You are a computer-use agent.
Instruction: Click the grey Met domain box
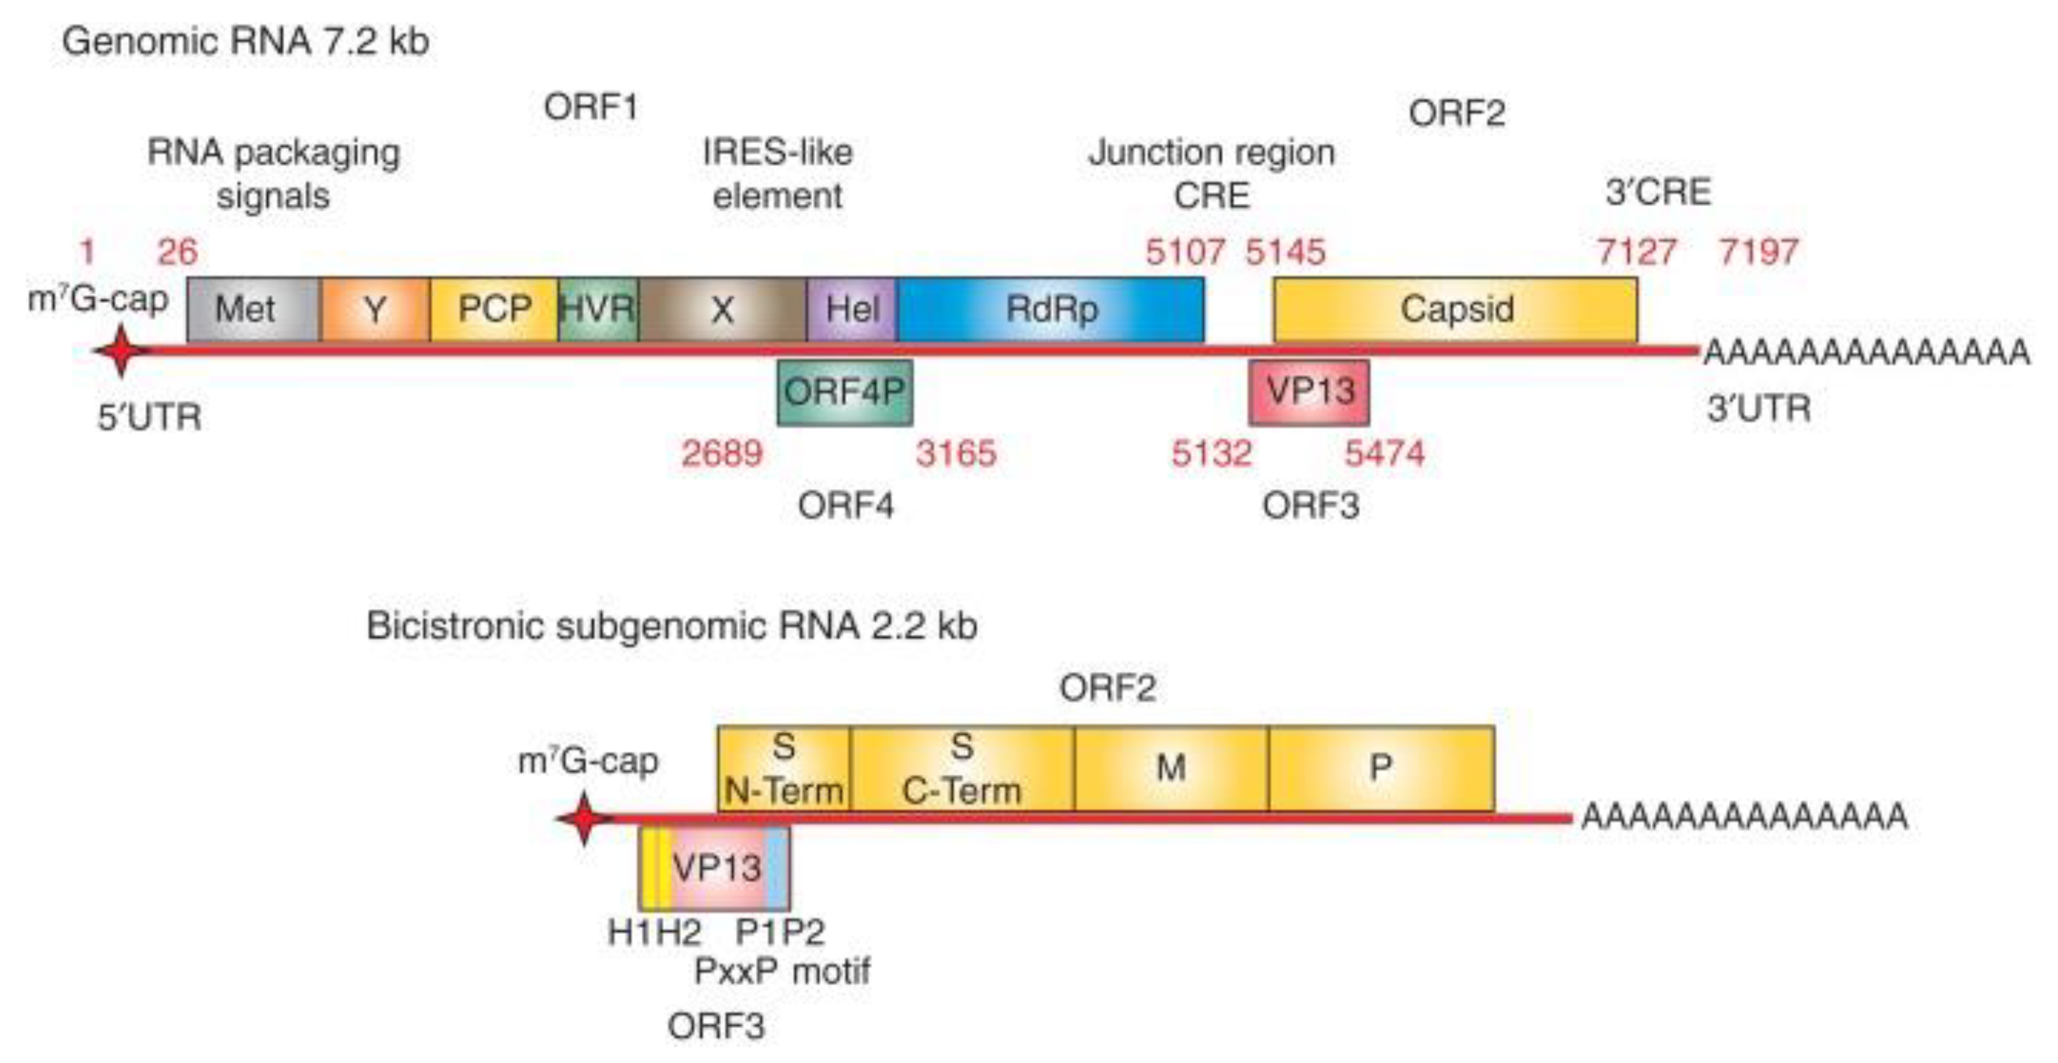(x=253, y=309)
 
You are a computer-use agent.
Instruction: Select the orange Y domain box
(x=374, y=309)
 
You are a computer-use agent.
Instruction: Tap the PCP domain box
(x=494, y=309)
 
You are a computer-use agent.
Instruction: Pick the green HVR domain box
(x=598, y=309)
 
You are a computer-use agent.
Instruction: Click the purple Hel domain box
(x=851, y=309)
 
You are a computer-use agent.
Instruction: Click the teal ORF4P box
(x=845, y=392)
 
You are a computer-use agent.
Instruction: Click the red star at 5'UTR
(x=121, y=351)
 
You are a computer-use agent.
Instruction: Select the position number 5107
(x=1184, y=253)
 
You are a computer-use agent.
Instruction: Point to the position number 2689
(x=722, y=454)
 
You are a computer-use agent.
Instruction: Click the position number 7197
(x=1758, y=253)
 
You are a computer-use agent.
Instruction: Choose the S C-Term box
(x=962, y=769)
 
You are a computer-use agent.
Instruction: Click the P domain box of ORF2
(x=1380, y=769)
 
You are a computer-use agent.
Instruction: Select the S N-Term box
(x=784, y=769)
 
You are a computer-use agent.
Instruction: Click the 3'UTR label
(x=1758, y=409)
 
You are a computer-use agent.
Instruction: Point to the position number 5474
(x=1384, y=454)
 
